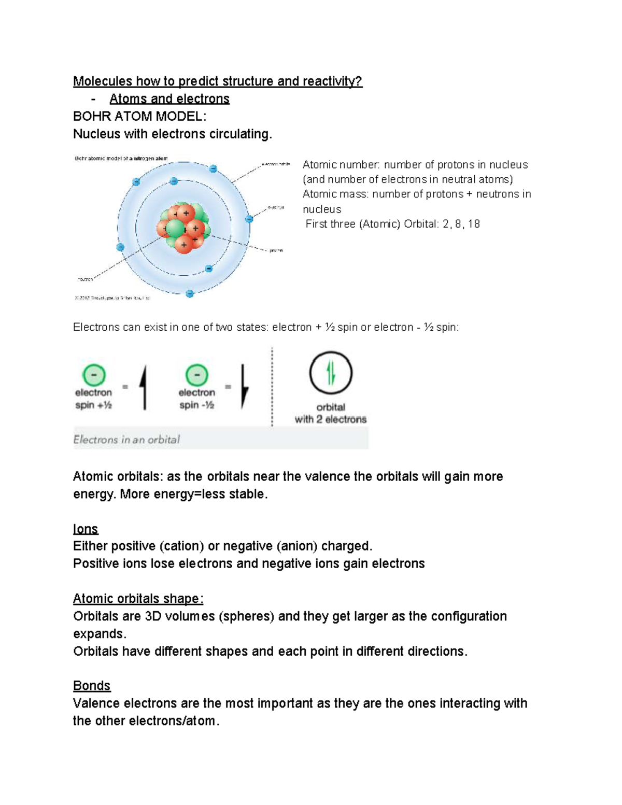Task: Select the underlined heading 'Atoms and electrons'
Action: [169, 99]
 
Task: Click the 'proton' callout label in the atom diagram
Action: [276, 250]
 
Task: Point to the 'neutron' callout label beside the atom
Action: [86, 279]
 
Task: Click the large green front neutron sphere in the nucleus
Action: [175, 229]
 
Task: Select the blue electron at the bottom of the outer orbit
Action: [190, 293]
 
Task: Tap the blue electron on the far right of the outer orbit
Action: [249, 219]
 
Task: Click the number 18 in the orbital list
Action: [473, 224]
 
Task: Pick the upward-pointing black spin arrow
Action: [144, 387]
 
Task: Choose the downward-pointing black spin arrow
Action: [245, 386]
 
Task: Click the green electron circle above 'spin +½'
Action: [93, 375]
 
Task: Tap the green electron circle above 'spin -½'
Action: [197, 375]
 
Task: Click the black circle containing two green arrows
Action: [331, 373]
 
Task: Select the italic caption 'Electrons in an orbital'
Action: [126, 440]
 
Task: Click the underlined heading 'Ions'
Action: [86, 529]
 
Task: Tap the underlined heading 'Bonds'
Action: [92, 686]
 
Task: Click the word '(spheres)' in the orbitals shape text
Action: [246, 616]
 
